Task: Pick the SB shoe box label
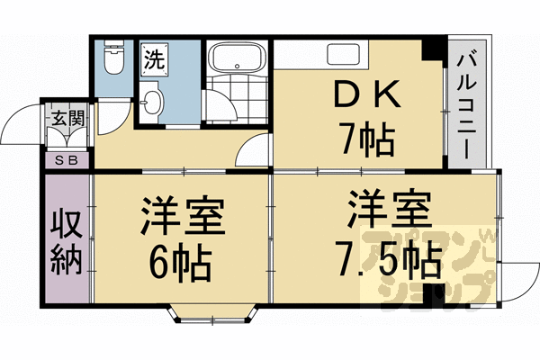point(66,161)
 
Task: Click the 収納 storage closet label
point(66,240)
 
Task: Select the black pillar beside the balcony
point(436,46)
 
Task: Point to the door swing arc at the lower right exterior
point(513,279)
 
